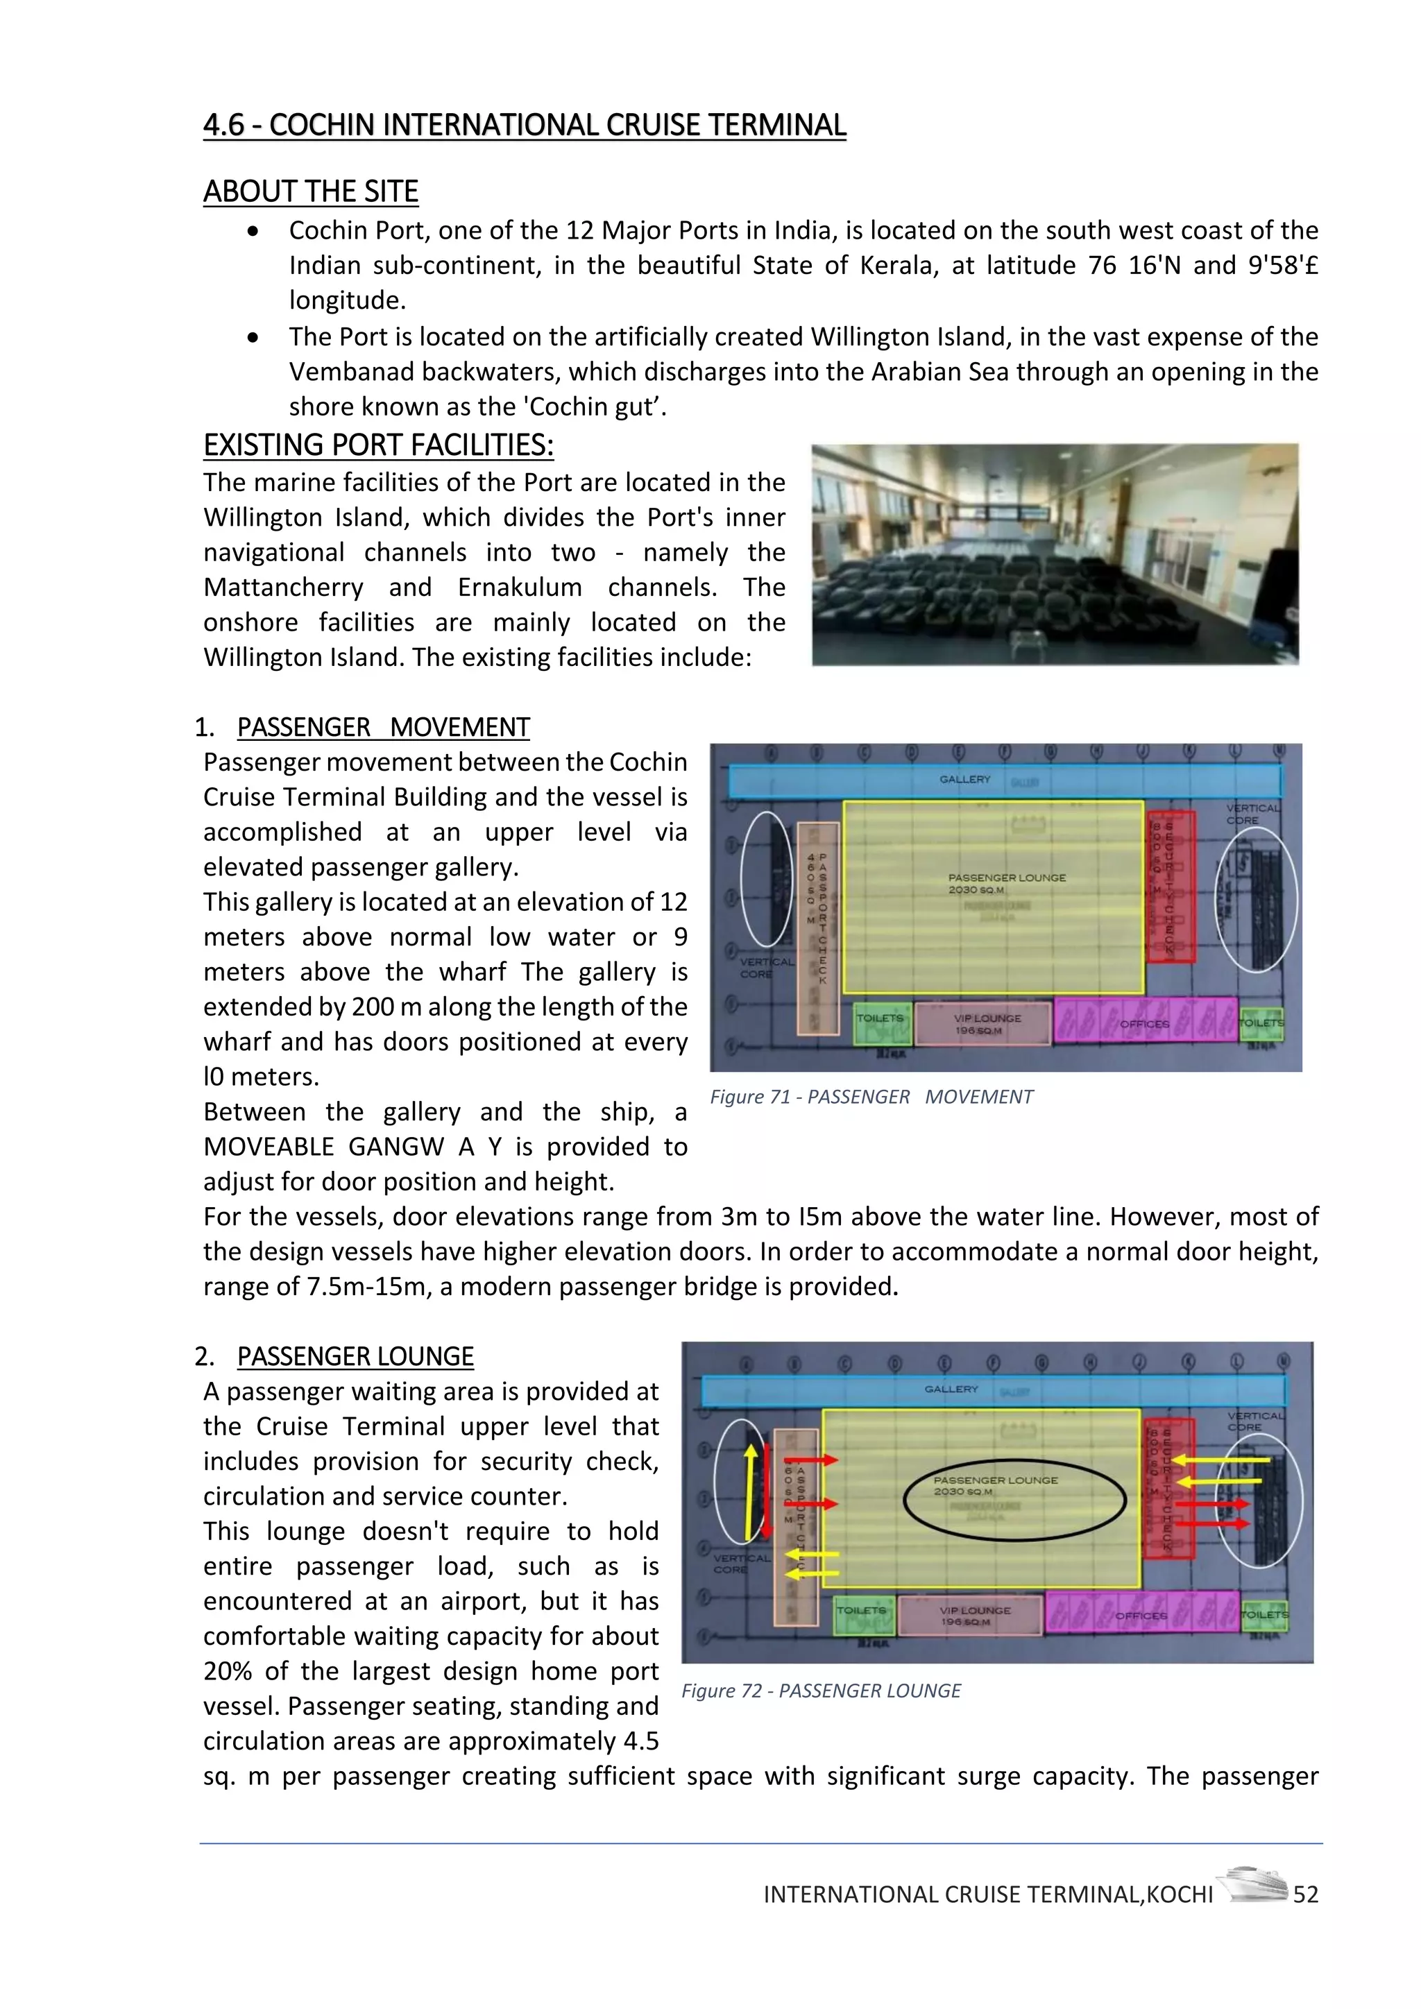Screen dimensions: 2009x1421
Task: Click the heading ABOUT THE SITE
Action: (x=311, y=191)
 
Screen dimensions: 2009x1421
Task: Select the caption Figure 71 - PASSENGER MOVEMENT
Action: (x=871, y=1096)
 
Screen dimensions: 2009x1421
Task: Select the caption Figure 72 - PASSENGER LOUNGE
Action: (x=821, y=1691)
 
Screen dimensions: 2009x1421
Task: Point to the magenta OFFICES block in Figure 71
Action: (x=1144, y=1021)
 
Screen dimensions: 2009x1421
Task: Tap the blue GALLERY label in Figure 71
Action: (x=965, y=779)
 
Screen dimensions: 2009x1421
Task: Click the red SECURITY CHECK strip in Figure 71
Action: (x=1170, y=884)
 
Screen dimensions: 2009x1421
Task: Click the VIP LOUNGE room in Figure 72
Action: (x=971, y=1615)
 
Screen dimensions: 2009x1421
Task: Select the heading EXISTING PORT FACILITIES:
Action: (x=378, y=445)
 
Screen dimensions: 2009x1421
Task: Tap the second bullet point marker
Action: (x=253, y=337)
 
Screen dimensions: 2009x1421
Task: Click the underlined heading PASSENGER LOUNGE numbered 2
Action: (x=355, y=1356)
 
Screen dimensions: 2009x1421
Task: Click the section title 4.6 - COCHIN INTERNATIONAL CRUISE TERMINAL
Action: (x=524, y=125)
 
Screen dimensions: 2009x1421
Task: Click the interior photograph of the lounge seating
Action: (x=1055, y=554)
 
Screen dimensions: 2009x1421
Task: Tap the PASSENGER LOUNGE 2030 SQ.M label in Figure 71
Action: (x=1006, y=883)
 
